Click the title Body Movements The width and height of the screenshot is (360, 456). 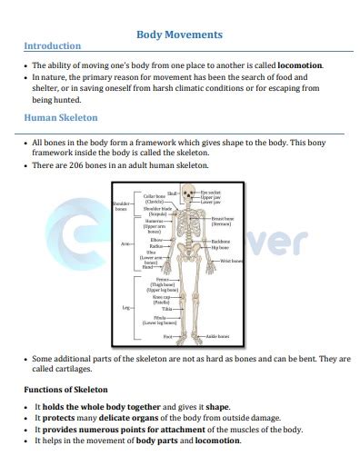pyautogui.click(x=179, y=35)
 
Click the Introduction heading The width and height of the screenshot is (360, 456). pyautogui.click(x=52, y=46)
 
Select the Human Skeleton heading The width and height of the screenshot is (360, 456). pyautogui.click(x=61, y=118)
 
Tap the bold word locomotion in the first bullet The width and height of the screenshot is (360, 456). pyautogui.click(x=300, y=66)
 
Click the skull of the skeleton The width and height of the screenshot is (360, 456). pyautogui.click(x=187, y=193)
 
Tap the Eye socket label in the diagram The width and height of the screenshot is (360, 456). pyautogui.click(x=210, y=192)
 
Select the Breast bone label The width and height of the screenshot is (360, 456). pyautogui.click(x=224, y=221)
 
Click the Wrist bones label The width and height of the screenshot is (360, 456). pyautogui.click(x=232, y=261)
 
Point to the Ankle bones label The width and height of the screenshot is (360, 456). pyautogui.click(x=216, y=337)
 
